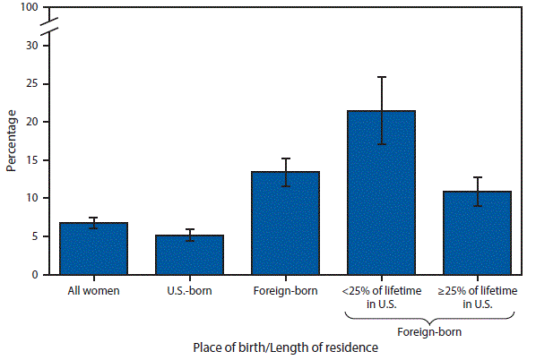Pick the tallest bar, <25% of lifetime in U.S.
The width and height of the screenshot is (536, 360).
pyautogui.click(x=382, y=193)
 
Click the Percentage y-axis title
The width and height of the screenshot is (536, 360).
pyautogui.click(x=11, y=141)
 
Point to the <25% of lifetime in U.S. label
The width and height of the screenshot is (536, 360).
pyautogui.click(x=382, y=297)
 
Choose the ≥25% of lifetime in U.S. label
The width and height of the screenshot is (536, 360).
pyautogui.click(x=478, y=297)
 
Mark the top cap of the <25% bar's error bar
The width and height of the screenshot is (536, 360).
pyautogui.click(x=382, y=77)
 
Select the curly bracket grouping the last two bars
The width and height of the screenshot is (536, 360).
pyautogui.click(x=430, y=318)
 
